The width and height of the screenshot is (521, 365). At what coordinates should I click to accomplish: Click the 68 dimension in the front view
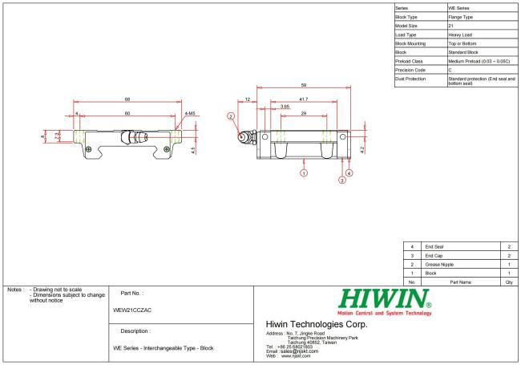pos(127,99)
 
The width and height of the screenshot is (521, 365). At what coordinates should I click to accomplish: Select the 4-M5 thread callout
pos(190,113)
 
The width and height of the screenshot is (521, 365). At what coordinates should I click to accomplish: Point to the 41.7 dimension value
pos(303,99)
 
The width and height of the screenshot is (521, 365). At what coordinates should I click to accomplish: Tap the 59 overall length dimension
pos(303,85)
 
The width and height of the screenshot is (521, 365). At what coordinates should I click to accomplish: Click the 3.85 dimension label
pos(285,107)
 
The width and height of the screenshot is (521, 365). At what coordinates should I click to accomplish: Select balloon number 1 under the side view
pos(304,172)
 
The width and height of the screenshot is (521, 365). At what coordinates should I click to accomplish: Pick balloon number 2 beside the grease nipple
pos(231,116)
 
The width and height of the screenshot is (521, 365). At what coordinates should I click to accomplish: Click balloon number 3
pos(342,180)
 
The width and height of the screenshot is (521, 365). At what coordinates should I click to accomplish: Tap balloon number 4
pos(349,172)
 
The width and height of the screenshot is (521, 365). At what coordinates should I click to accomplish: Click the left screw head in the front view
pos(88,149)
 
